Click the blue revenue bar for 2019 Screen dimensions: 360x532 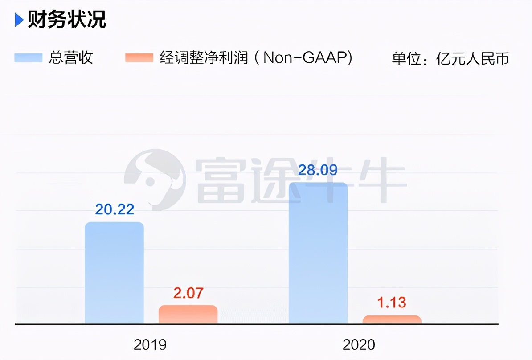tap(114, 273)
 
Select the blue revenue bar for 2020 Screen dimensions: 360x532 tap(318, 253)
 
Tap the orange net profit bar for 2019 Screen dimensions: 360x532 tap(188, 315)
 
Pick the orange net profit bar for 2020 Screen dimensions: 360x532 tap(392, 319)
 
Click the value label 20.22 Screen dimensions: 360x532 tap(115, 209)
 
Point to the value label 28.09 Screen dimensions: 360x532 tap(318, 170)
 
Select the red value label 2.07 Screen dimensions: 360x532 tap(188, 293)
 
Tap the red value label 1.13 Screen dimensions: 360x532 tap(392, 303)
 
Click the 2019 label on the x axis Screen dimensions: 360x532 tap(150, 344)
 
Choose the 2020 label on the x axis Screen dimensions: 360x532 tap(359, 344)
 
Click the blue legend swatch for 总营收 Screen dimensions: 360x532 tap(29, 58)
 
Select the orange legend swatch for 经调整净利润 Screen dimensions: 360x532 tap(139, 58)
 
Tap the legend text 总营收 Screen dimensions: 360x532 tap(71, 58)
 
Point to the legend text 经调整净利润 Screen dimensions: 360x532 tap(204, 58)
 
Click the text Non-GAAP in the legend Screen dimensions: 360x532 tap(307, 58)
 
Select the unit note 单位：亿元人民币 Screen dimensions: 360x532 tap(450, 58)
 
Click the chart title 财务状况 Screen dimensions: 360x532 tap(67, 20)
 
